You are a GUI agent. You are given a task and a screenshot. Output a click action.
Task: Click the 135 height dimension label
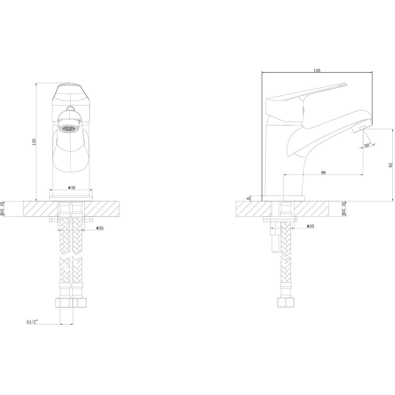(34, 142)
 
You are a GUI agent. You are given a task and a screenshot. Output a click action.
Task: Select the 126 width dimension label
(317, 70)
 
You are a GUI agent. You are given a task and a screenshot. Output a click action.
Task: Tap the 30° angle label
(367, 145)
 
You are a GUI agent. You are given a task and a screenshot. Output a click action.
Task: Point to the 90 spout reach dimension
(323, 172)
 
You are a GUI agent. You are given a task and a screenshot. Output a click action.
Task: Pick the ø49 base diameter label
(71, 188)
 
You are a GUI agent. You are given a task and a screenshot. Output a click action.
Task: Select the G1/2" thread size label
(32, 322)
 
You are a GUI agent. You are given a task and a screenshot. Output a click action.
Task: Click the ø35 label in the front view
(100, 228)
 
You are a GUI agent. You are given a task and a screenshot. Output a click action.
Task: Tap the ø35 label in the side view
(310, 226)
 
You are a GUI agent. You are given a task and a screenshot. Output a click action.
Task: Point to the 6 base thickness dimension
(248, 198)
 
